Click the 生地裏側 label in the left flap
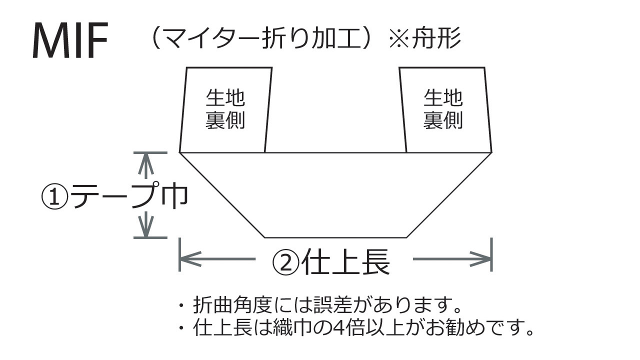pos(225,109)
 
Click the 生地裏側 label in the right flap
pos(443,109)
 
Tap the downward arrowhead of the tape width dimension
pos(144,230)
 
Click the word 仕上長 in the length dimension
pos(345,260)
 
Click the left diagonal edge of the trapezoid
pos(222,194)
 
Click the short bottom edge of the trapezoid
pos(335,237)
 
